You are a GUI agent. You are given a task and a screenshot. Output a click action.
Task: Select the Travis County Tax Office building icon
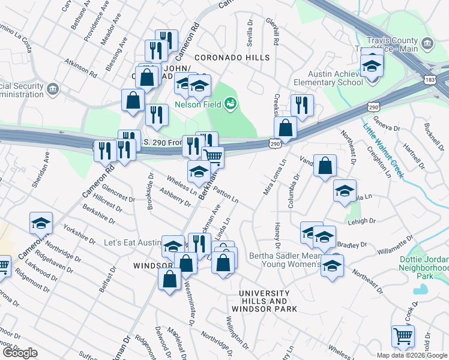pyautogui.click(x=427, y=43)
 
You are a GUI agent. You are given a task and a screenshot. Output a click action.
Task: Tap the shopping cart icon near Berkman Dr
pyautogui.click(x=213, y=156)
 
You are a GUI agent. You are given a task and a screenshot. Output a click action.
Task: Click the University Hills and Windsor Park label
pyautogui.click(x=268, y=301)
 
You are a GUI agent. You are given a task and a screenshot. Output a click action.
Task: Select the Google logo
pyautogui.click(x=20, y=353)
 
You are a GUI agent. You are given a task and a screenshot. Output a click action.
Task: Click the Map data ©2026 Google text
pyautogui.click(x=412, y=355)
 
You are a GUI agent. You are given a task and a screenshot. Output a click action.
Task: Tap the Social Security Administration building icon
pyautogui.click(x=53, y=89)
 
